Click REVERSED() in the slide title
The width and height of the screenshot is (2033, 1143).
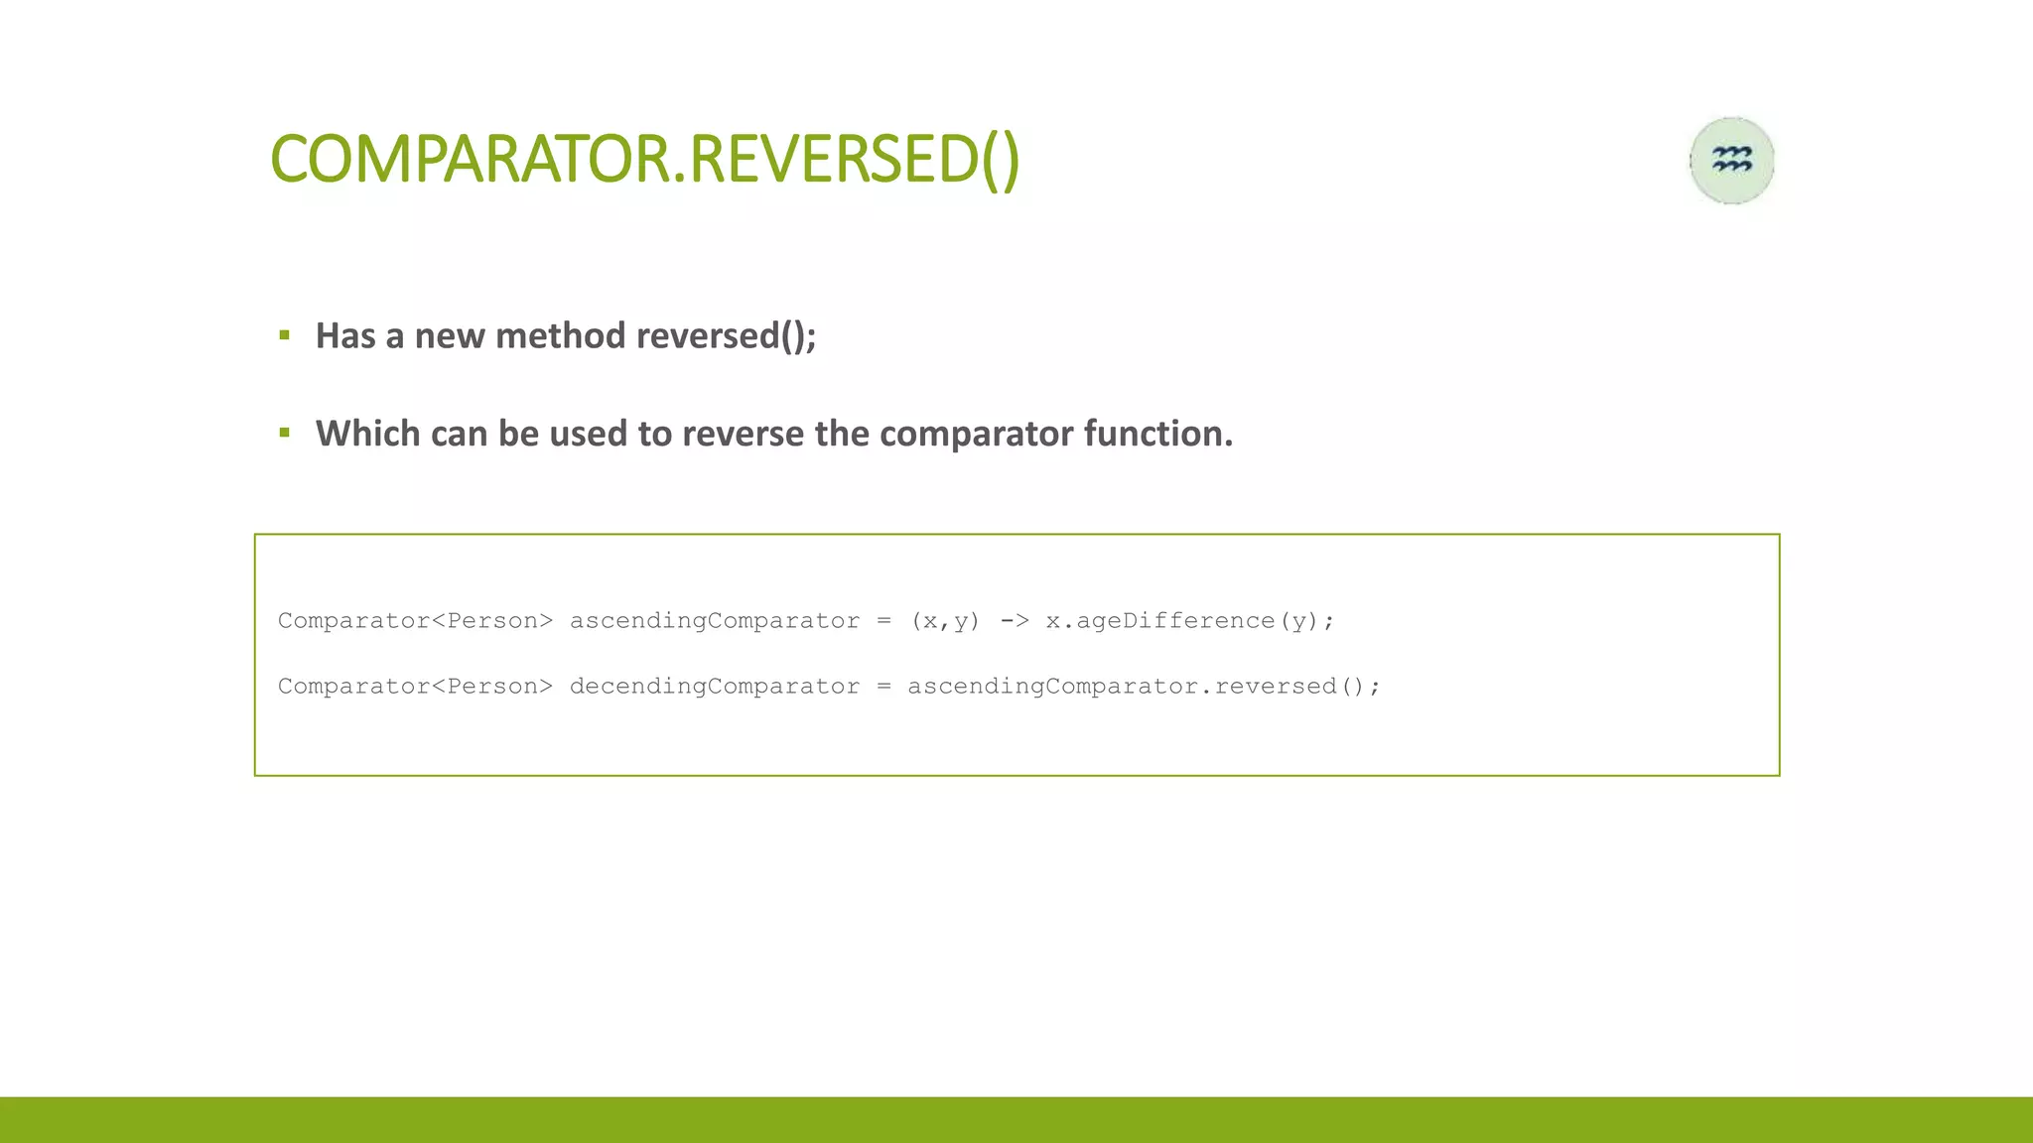pos(854,160)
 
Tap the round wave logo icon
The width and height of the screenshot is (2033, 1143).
pos(1731,161)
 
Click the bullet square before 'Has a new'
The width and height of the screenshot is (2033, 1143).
pos(285,335)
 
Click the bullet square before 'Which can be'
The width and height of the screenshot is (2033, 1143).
pos(285,433)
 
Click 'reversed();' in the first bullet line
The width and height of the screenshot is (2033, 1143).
pos(726,336)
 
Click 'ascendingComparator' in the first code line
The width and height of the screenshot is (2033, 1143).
pos(714,621)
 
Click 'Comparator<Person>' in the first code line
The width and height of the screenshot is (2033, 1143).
pos(415,621)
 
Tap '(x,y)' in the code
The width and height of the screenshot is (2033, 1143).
pos(945,621)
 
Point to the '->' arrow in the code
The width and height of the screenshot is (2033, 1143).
pos(1014,621)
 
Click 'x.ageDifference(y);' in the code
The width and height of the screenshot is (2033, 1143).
pos(1189,621)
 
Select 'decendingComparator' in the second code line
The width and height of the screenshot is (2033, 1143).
pos(714,687)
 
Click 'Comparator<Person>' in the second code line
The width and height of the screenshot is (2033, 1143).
pos(415,687)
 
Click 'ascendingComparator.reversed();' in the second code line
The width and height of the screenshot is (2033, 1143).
pos(1143,687)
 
